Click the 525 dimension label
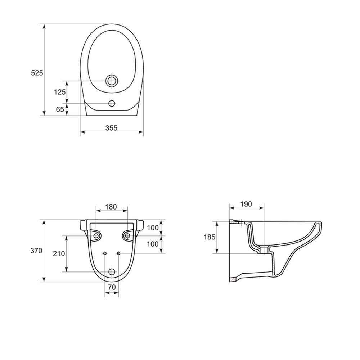pos(37,73)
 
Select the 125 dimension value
pos(60,92)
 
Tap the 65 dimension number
pos(60,109)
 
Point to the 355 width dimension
pos(112,127)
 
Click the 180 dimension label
pos(111,207)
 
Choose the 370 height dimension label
pos(37,251)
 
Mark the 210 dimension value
pos(59,253)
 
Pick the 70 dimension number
pos(111,287)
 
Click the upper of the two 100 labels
pos(153,228)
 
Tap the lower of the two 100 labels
pos(153,244)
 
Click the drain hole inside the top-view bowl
pos(112,81)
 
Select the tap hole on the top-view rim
pos(112,104)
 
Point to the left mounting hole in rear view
pos(96,235)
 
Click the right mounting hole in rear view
pos(127,235)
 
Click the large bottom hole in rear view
pos(112,271)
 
